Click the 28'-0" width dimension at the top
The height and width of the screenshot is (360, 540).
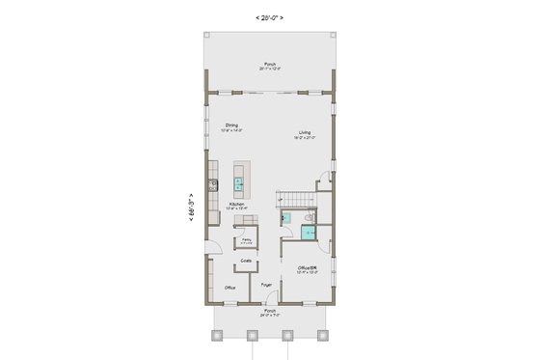coord(270,17)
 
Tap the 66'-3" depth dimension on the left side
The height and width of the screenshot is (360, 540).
coord(194,206)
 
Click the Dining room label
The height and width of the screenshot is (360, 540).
coord(232,126)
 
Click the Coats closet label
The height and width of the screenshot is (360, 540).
coord(247,261)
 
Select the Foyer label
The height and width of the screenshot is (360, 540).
coord(265,286)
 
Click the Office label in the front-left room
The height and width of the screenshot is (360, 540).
coord(230,288)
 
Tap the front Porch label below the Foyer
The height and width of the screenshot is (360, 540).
coord(270,312)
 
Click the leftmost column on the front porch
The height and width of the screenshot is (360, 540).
coord(216,336)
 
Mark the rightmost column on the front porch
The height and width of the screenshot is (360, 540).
coord(323,336)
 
